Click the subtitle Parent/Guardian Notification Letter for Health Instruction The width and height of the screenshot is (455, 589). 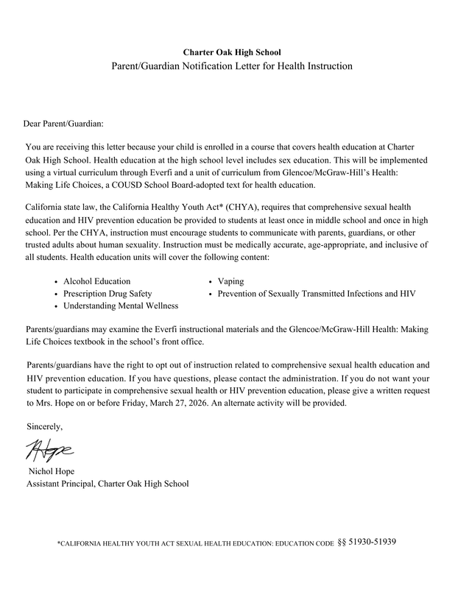[x=232, y=66]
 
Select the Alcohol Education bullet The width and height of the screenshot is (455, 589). [x=96, y=281]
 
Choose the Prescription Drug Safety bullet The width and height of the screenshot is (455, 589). [x=107, y=293]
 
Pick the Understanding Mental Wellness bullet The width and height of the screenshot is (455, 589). [x=120, y=305]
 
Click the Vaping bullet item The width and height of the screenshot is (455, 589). [x=230, y=281]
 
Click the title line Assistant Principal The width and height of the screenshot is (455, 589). [x=107, y=484]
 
